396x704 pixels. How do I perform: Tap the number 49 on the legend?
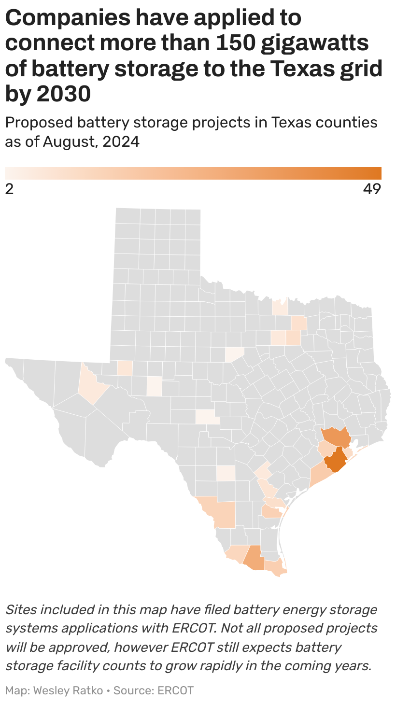point(372,189)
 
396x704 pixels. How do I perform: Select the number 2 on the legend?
point(9,189)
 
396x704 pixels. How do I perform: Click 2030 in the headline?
point(64,94)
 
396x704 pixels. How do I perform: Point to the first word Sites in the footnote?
point(21,609)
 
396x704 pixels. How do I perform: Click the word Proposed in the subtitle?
point(38,123)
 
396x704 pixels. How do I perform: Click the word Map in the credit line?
point(17,690)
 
